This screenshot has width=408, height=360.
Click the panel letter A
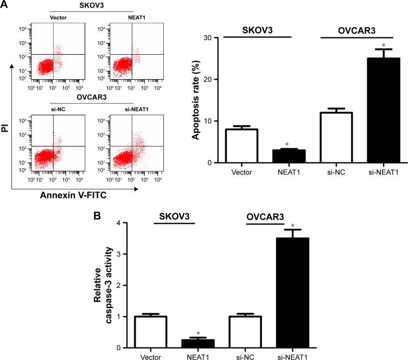click(x=4, y=5)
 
